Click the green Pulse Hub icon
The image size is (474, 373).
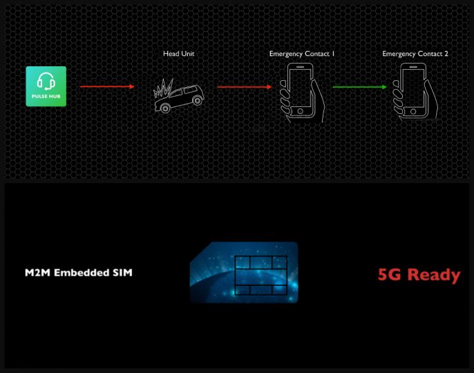coord(46,86)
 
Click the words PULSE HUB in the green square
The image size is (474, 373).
coord(46,97)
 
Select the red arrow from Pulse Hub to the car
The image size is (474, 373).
coord(107,87)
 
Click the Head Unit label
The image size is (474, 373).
coord(179,53)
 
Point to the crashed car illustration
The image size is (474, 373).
coord(179,96)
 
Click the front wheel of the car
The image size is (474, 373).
coord(165,108)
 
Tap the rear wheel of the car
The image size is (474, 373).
coord(198,100)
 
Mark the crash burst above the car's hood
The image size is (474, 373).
coord(163,88)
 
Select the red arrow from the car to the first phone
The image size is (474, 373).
coord(245,87)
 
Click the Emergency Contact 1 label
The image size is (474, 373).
coord(302,54)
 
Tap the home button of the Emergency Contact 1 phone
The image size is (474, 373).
coord(300,111)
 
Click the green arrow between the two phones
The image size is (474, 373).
coord(359,87)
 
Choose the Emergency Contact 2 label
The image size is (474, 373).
coord(415,54)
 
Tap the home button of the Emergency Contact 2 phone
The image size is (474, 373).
coord(413,111)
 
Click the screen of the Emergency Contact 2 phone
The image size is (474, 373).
coord(413,88)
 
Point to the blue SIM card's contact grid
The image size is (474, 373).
coord(261,275)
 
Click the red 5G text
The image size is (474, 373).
coord(390,274)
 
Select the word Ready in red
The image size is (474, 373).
coord(434,276)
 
